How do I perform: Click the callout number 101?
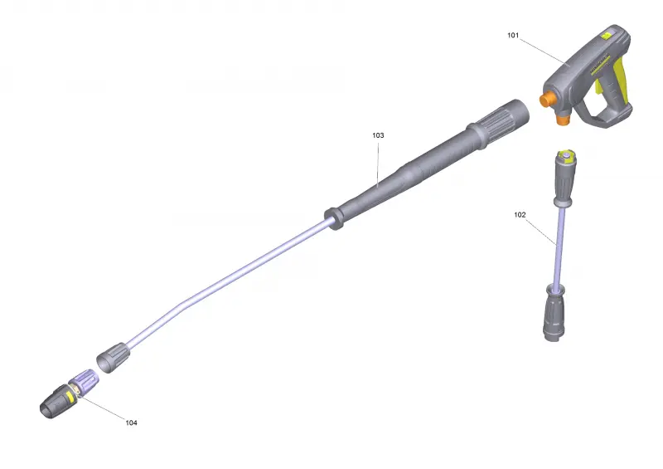coord(513,35)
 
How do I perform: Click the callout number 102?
coord(520,215)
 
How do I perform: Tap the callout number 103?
coord(378,135)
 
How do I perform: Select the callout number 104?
coord(131,423)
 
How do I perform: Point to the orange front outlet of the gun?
coord(547,100)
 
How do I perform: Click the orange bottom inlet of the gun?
coord(563,119)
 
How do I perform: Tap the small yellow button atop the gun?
coord(607,35)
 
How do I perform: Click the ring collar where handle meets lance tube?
coord(334,218)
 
